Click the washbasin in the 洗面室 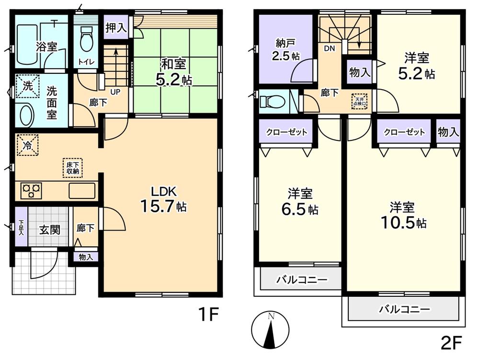[26, 116]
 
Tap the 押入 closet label [116, 27]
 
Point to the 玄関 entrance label [49, 230]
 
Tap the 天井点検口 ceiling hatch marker [360, 101]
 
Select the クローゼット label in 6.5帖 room [287, 132]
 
